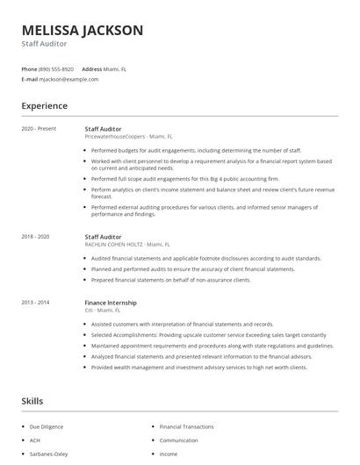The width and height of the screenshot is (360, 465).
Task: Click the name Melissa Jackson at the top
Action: (83, 30)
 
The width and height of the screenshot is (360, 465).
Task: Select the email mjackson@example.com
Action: (68, 79)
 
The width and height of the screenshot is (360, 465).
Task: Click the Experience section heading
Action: (45, 106)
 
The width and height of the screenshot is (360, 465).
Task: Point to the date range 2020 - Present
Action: (39, 128)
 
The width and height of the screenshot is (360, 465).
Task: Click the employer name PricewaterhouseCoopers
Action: (115, 137)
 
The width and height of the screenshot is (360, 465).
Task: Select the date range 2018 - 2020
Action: (36, 236)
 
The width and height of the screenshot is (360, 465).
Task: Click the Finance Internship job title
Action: (110, 302)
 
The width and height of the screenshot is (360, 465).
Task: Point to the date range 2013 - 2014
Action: (36, 302)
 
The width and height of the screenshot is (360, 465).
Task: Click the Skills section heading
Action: (32, 401)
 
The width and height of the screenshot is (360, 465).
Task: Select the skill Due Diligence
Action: (47, 426)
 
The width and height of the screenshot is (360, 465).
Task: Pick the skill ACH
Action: (36, 440)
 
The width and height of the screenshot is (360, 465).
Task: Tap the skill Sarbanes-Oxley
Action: (49, 454)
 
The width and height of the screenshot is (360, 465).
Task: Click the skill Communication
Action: (178, 440)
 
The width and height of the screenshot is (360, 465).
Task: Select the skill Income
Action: (169, 454)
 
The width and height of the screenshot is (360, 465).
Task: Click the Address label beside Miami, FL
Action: (92, 68)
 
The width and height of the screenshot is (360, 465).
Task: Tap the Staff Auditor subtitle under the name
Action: (43, 43)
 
